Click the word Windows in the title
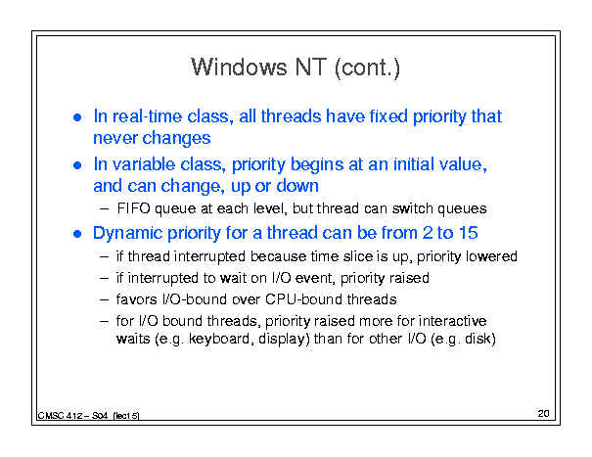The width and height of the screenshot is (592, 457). pos(239,68)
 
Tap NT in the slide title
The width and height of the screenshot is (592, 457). pos(311,68)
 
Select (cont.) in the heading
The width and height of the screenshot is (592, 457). pos(367,68)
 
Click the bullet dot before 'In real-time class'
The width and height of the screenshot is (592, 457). pos(77,117)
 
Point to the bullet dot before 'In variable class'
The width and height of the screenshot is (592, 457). pos(77,165)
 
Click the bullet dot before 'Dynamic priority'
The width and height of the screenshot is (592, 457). pos(77,234)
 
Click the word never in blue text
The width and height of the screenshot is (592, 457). pos(114,139)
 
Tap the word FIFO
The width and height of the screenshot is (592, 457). pos(134,208)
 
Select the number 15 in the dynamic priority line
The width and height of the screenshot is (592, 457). pos(468,233)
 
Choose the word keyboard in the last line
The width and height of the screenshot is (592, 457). pos(219,339)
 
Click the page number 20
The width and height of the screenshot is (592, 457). pos(543,414)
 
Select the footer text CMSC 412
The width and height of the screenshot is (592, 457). pos(60,416)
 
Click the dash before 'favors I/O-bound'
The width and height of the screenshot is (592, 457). pos(105,299)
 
